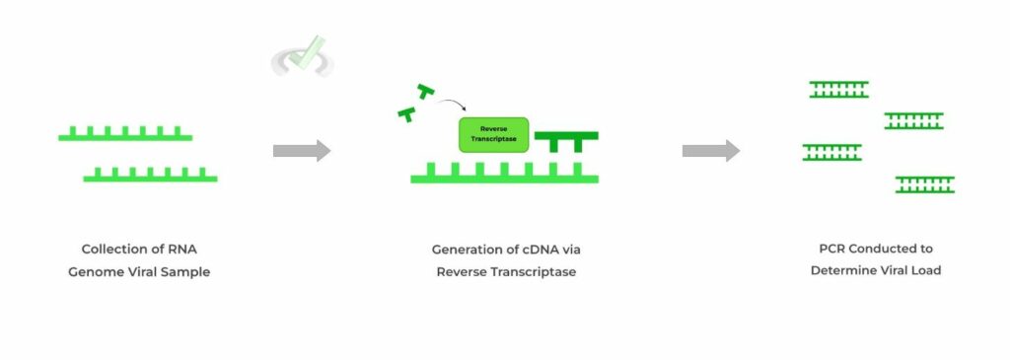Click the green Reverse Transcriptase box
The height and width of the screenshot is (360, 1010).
(493, 134)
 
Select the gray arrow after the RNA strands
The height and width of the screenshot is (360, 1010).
(302, 151)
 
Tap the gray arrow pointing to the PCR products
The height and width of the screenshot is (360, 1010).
(710, 151)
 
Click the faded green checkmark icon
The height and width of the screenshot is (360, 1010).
(304, 56)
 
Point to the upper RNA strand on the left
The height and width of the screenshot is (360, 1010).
(124, 135)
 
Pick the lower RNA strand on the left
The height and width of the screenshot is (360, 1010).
(150, 177)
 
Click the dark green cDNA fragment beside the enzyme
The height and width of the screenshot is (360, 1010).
(565, 139)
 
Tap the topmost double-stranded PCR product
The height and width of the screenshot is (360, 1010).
(838, 90)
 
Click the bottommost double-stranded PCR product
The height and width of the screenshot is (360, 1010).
(924, 184)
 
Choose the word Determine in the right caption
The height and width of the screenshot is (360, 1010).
(844, 270)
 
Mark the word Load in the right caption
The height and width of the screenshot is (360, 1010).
(925, 270)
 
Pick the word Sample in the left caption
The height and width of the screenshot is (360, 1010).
(187, 271)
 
